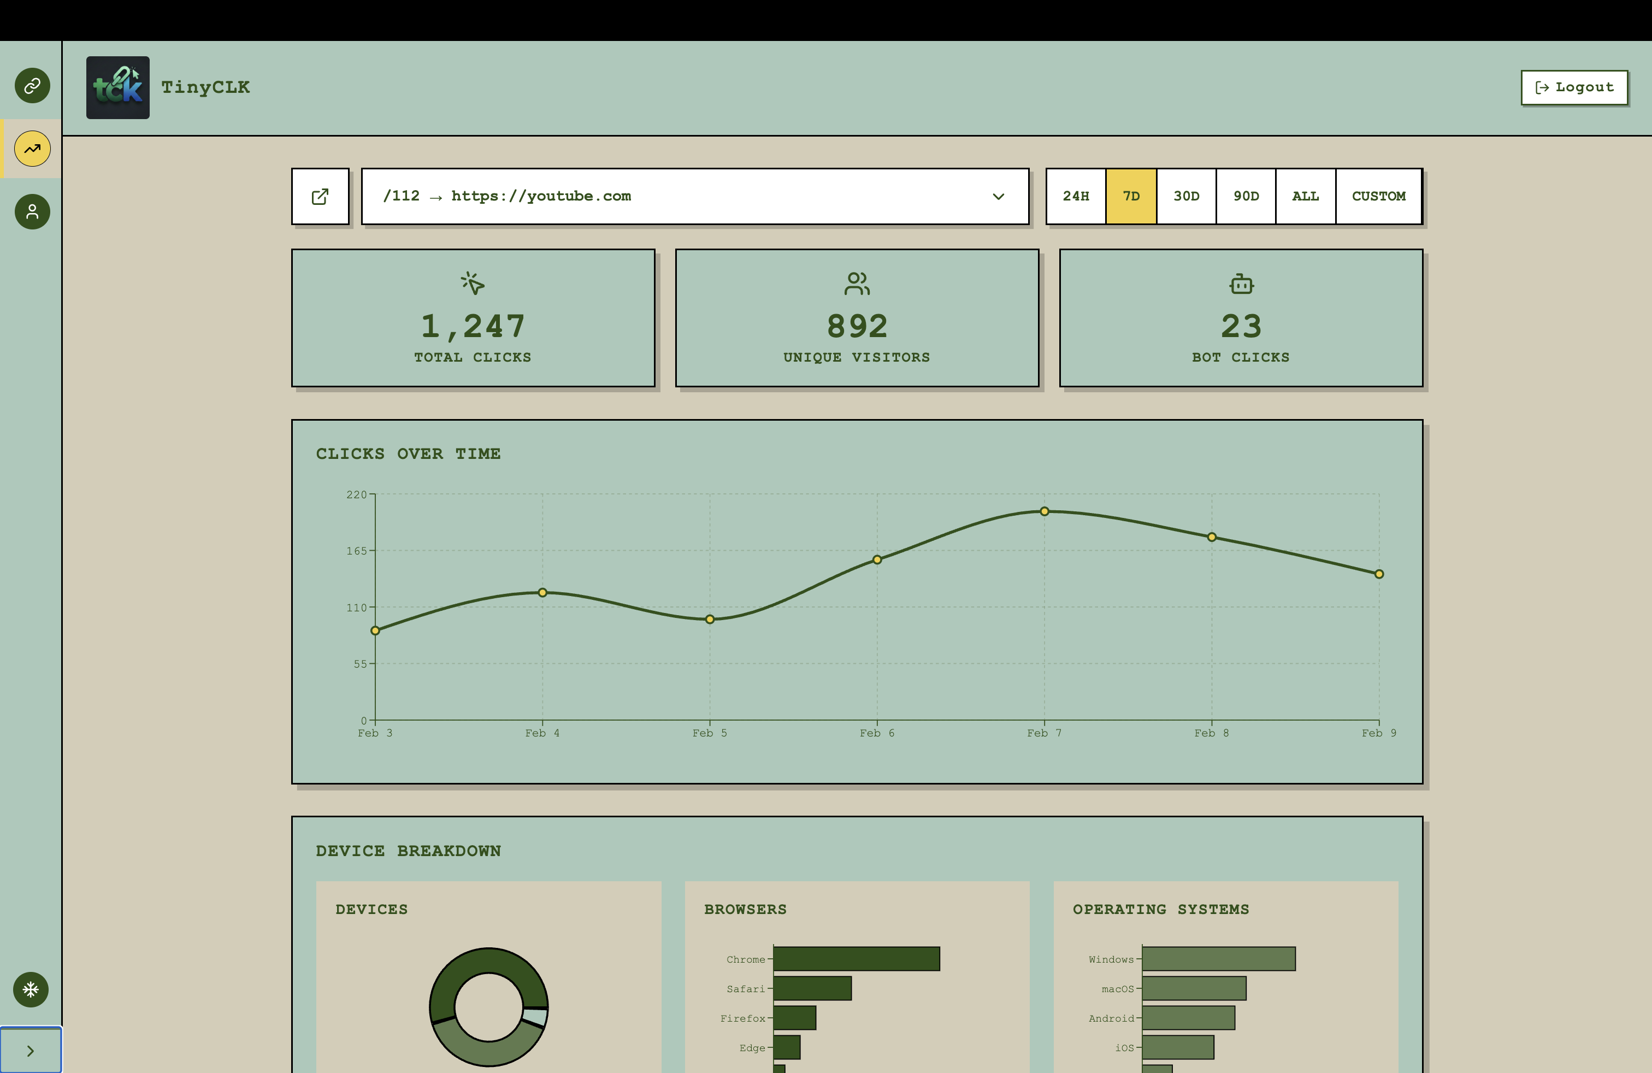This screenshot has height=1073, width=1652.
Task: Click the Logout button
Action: tap(1574, 87)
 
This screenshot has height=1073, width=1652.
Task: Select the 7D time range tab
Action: tap(1131, 197)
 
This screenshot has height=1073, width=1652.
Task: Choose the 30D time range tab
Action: tap(1186, 197)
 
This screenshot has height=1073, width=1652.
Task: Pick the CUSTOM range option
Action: tap(1378, 197)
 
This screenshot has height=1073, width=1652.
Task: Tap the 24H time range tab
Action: tap(1075, 197)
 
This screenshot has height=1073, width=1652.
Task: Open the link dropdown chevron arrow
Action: tap(998, 197)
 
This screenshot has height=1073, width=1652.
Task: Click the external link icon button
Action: tap(320, 197)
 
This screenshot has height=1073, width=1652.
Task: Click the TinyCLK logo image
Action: tap(118, 87)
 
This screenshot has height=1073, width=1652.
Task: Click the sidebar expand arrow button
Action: tap(31, 1050)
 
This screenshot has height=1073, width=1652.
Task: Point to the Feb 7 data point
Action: tap(1044, 511)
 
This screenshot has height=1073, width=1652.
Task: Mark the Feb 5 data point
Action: tap(710, 619)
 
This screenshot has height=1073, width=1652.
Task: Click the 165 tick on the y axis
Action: tap(357, 551)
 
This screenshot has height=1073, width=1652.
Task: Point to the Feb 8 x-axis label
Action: tap(1211, 733)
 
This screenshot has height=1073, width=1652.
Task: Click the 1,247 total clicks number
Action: tap(473, 326)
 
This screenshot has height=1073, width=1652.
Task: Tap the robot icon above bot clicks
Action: tap(1241, 284)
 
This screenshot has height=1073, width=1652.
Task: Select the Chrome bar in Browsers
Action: tap(856, 958)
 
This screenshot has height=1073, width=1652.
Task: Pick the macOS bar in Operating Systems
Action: tap(1193, 988)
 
